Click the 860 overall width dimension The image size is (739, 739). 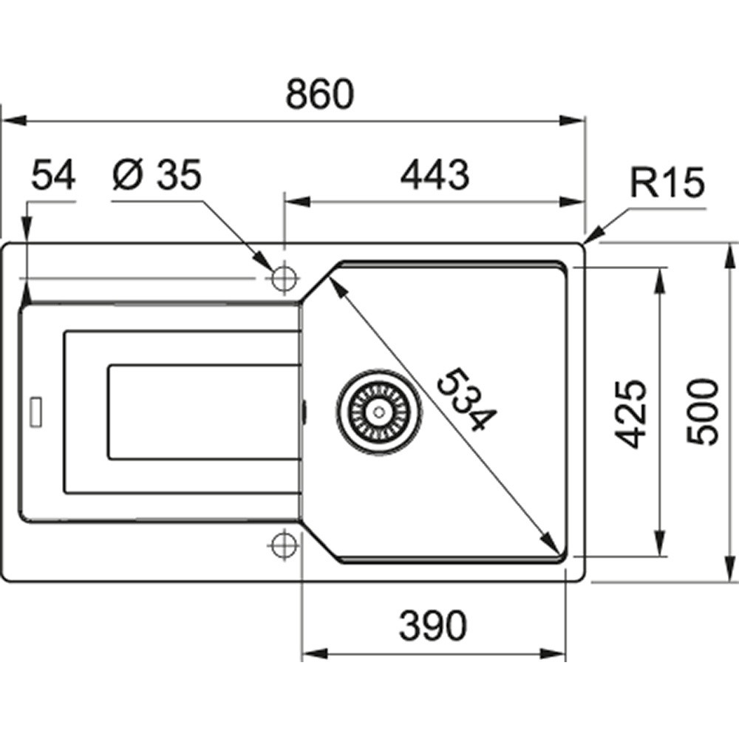pyautogui.click(x=319, y=94)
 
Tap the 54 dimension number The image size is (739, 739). pyautogui.click(x=52, y=174)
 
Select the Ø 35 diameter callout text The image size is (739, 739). pyautogui.click(x=157, y=174)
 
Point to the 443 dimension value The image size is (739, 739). pyautogui.click(x=435, y=175)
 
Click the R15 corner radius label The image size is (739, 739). pyautogui.click(x=667, y=182)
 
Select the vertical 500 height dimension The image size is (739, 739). pyautogui.click(x=702, y=411)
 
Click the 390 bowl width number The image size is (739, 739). pyautogui.click(x=432, y=625)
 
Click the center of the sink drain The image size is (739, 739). pyautogui.click(x=378, y=412)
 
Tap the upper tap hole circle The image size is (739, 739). pyautogui.click(x=284, y=278)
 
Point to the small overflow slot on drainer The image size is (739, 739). pyautogui.click(x=35, y=413)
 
